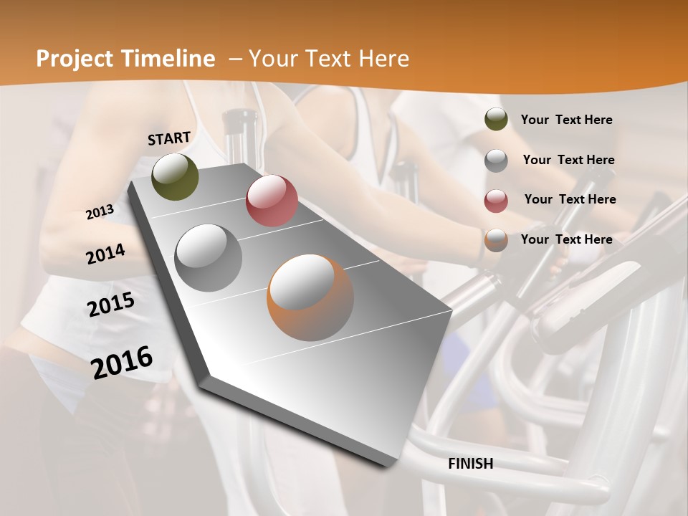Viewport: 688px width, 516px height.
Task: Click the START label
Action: [169, 138]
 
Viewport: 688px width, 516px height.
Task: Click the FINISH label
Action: [471, 464]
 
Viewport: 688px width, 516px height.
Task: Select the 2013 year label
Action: [100, 211]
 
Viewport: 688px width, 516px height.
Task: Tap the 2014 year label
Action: [105, 254]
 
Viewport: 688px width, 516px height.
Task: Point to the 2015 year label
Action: [111, 304]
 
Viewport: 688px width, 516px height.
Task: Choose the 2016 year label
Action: [122, 362]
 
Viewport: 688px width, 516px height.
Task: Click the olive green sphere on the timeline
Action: [175, 176]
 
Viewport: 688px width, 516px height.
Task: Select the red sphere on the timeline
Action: [272, 201]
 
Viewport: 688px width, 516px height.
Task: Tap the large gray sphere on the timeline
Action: [209, 257]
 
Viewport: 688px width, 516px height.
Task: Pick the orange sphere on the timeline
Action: [310, 297]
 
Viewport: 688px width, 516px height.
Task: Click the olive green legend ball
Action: [496, 120]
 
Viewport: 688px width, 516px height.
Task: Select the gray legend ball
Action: [496, 160]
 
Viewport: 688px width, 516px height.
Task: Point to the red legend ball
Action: [496, 200]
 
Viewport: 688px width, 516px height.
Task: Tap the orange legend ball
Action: [496, 239]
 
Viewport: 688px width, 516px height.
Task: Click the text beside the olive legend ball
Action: [566, 120]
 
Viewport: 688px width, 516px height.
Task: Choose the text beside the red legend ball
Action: [570, 199]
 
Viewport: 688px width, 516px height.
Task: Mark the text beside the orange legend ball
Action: [566, 239]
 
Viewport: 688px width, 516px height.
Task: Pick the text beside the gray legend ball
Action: [568, 160]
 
